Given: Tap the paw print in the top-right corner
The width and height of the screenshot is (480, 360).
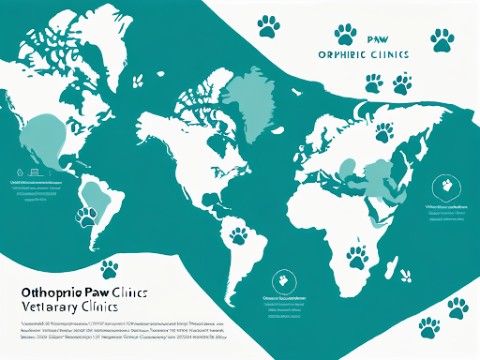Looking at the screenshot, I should [442, 38].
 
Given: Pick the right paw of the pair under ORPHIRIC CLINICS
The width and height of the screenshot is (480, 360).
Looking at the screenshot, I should [402, 84].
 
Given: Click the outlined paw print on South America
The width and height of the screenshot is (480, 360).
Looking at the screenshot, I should [87, 217].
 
